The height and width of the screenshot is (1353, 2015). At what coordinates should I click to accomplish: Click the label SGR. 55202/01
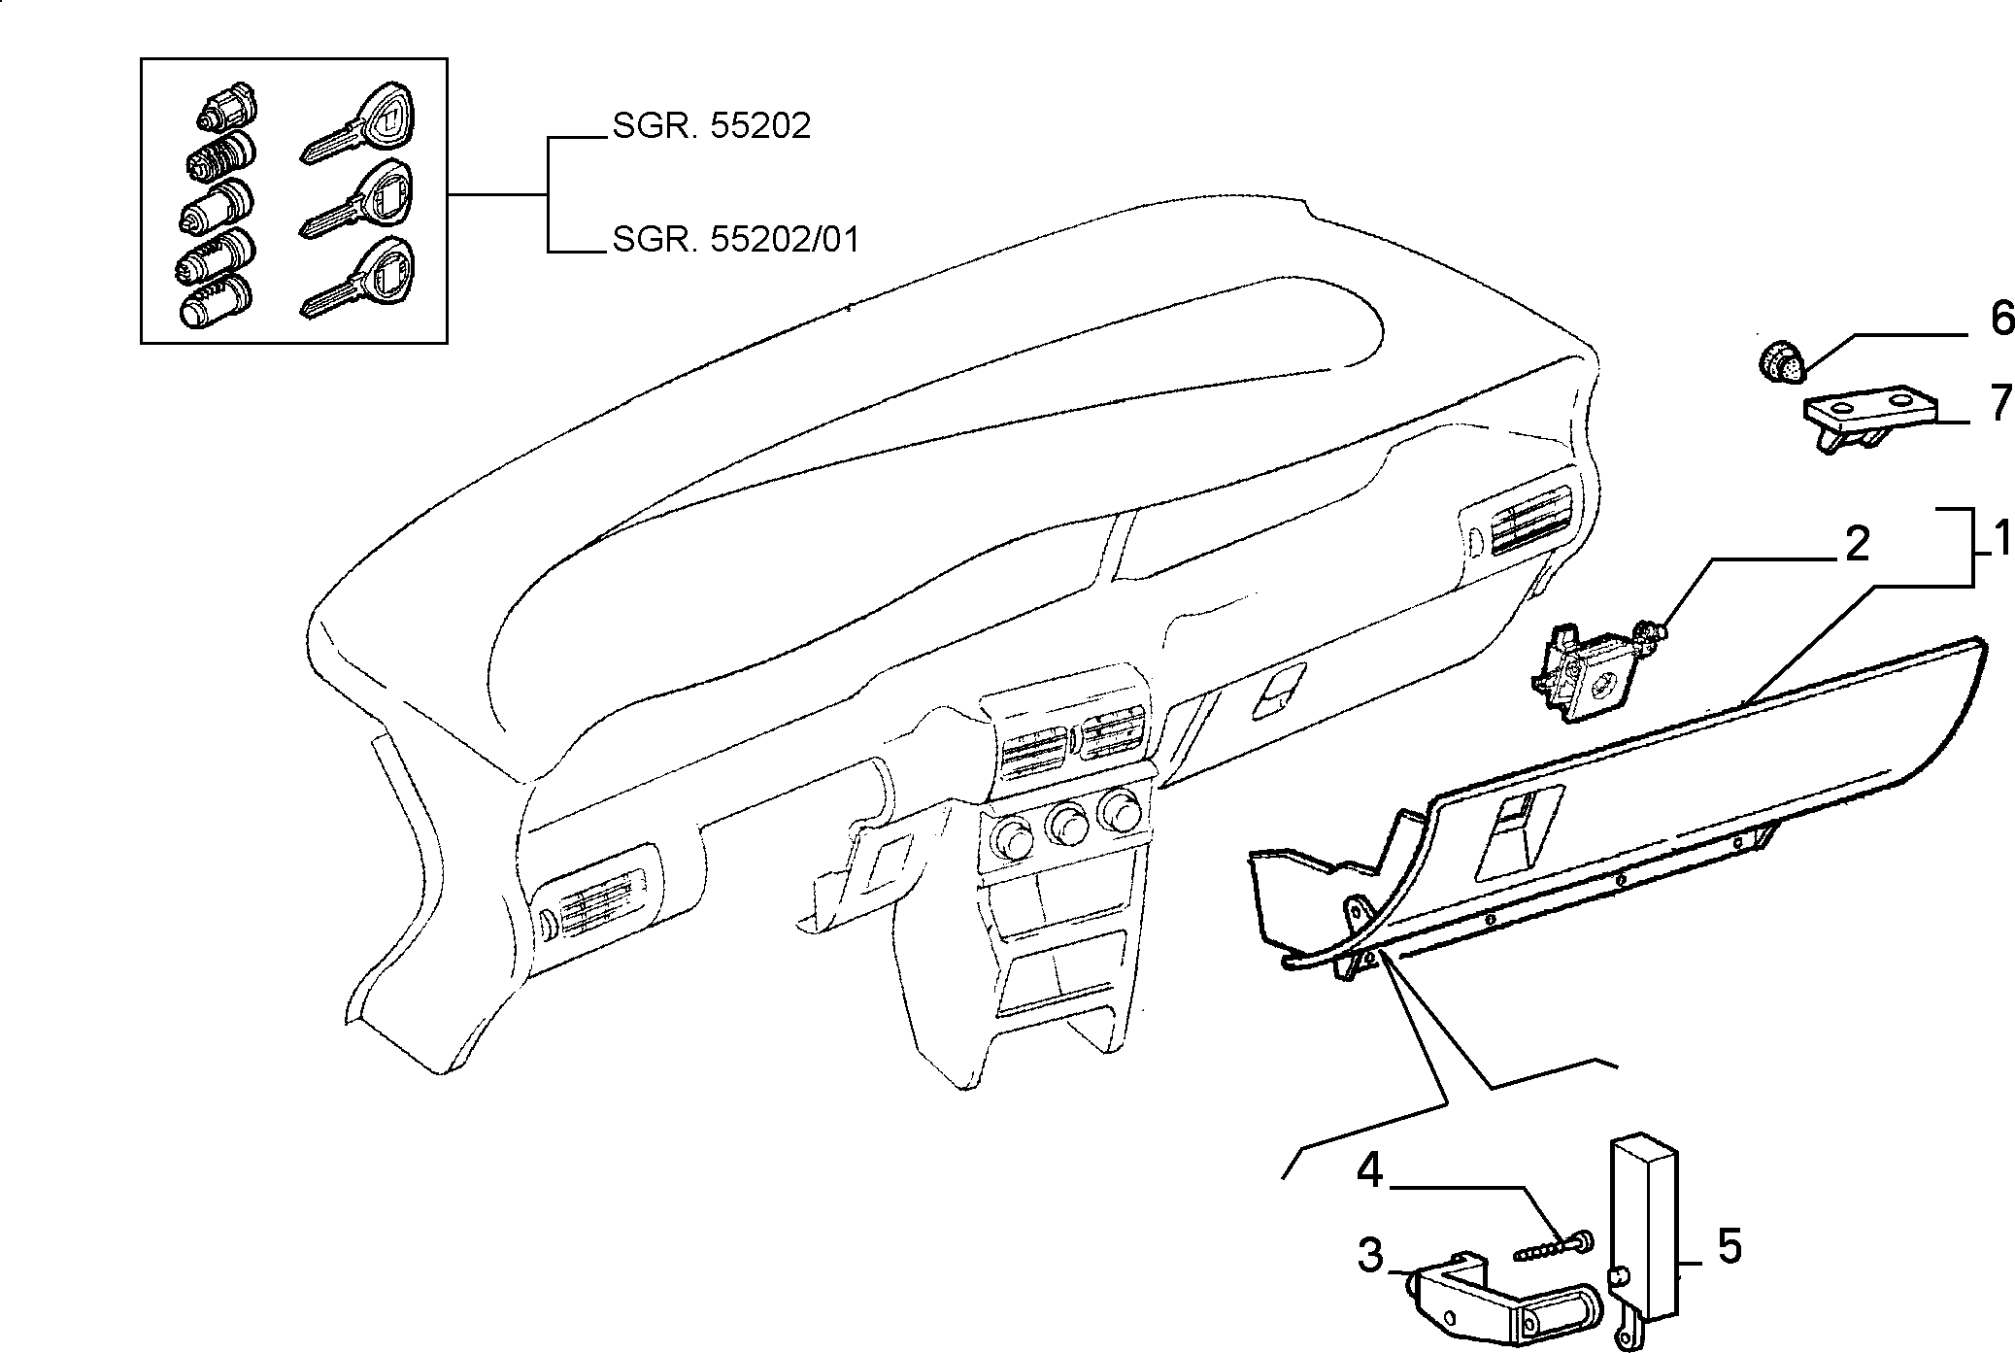pyautogui.click(x=736, y=239)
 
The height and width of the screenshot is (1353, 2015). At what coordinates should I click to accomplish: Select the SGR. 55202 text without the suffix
pyautogui.click(x=711, y=126)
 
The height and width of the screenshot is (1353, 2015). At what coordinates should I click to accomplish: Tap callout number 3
pyautogui.click(x=1370, y=1256)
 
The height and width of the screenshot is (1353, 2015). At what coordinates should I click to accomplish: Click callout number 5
pyautogui.click(x=1730, y=1246)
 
